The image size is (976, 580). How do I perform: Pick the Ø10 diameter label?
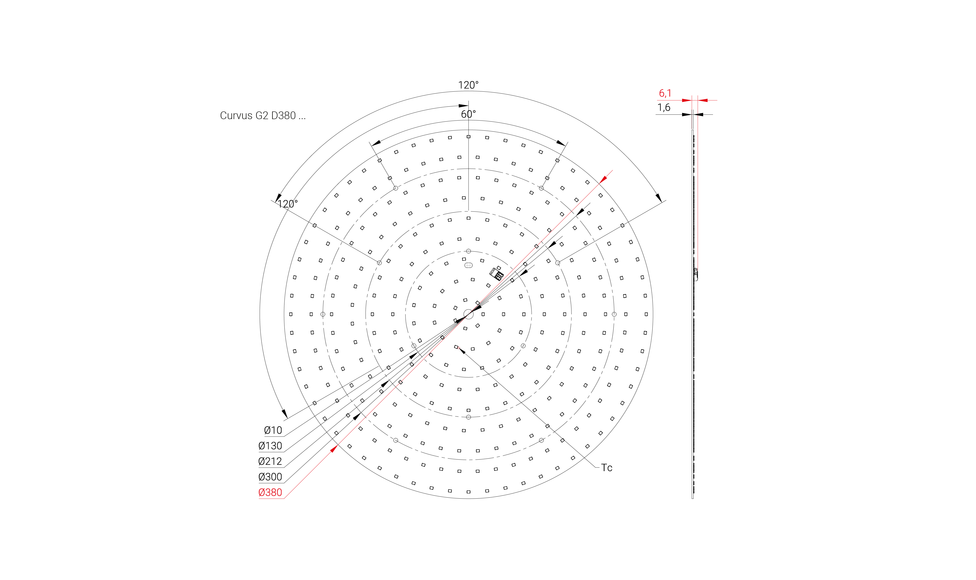273,430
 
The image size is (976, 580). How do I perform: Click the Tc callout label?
607,468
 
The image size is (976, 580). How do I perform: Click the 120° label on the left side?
287,204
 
